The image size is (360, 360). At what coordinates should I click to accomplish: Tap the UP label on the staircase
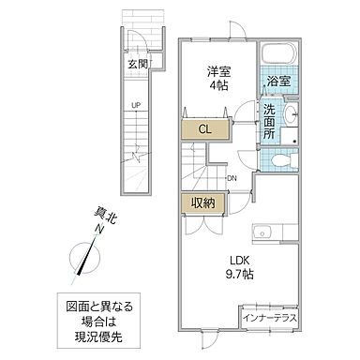[137, 105]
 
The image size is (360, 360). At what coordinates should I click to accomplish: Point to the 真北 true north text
[109, 217]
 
